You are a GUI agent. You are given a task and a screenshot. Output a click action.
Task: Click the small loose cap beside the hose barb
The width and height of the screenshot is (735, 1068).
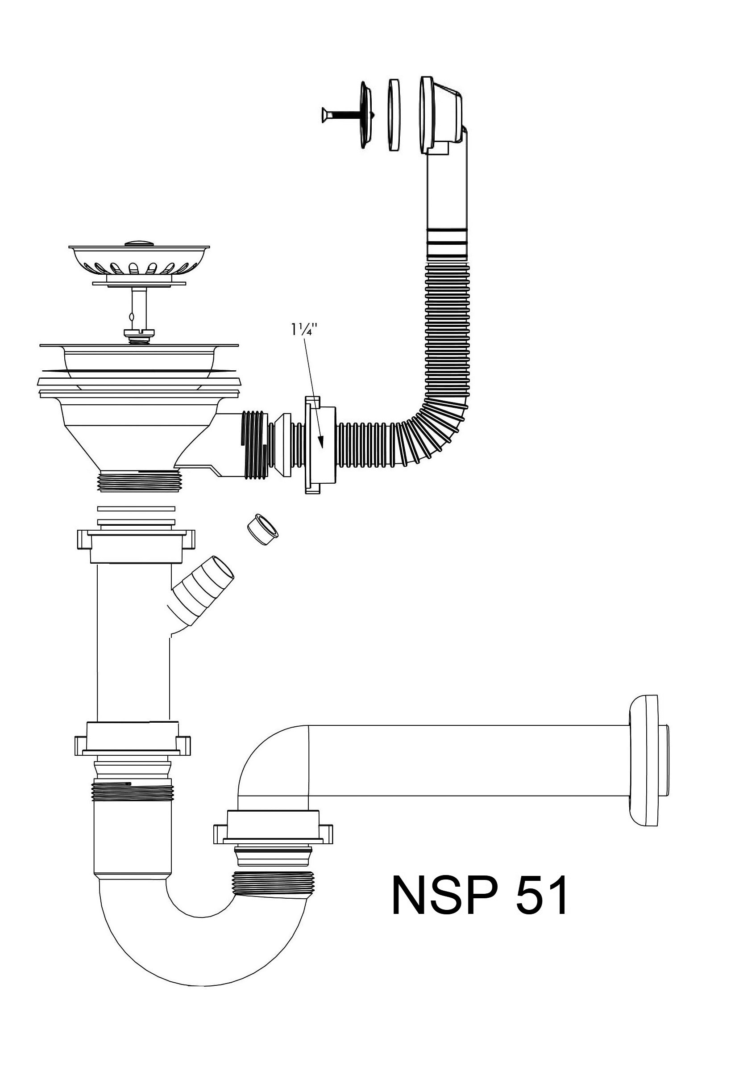pyautogui.click(x=263, y=531)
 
